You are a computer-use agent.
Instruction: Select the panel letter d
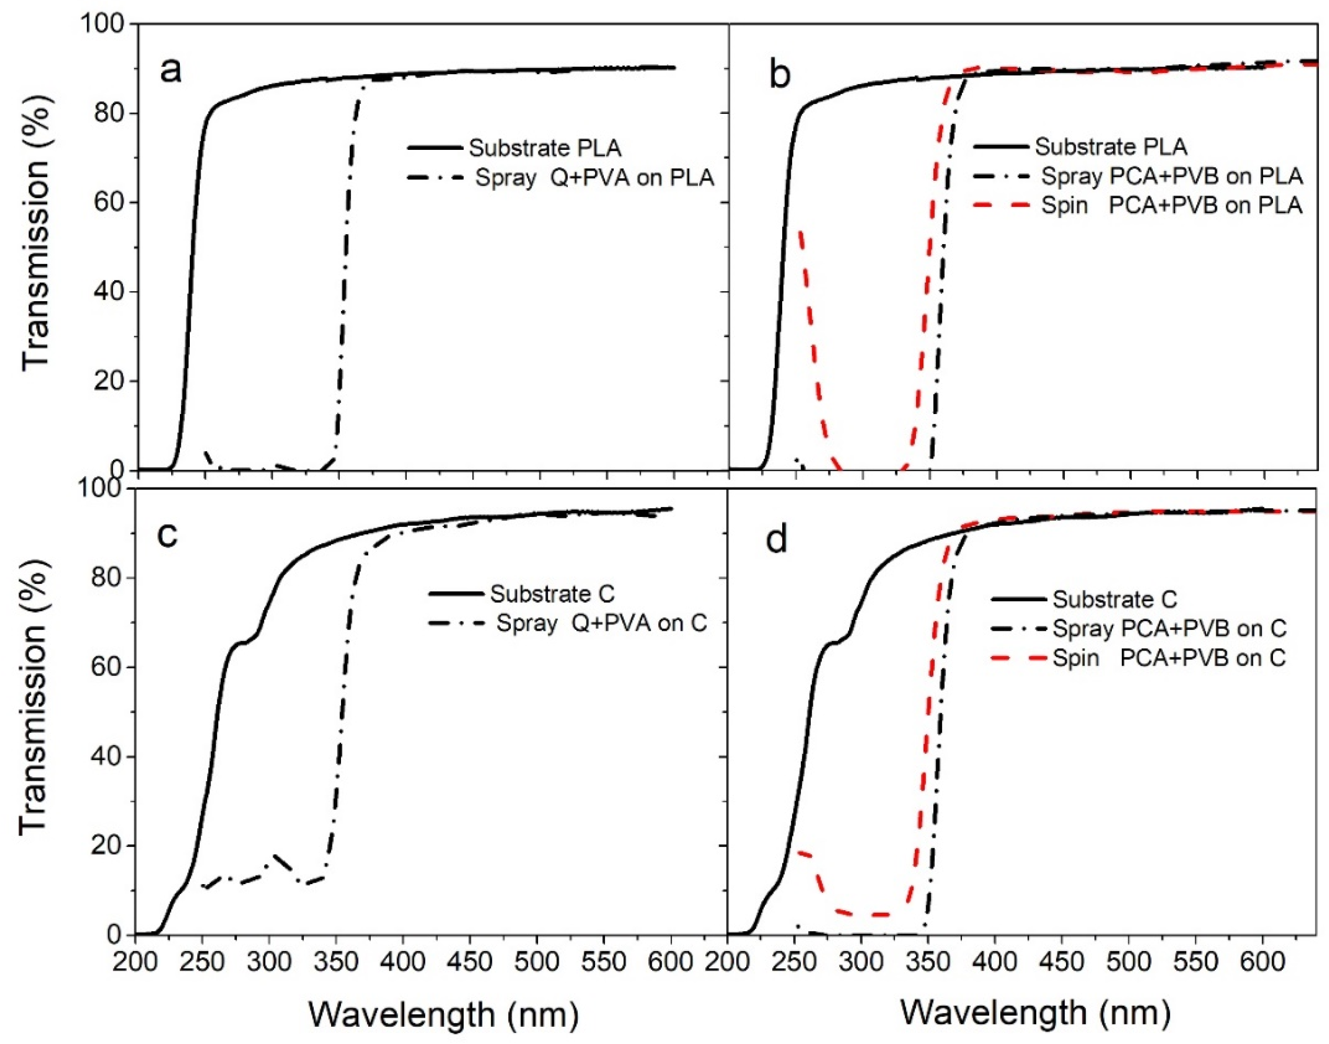click(777, 540)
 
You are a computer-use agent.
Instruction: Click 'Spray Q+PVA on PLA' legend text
click(594, 178)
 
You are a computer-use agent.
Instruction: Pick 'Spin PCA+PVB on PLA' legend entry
click(1172, 205)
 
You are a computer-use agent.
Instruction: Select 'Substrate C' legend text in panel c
click(552, 594)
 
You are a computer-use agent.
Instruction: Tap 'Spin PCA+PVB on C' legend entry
click(1169, 658)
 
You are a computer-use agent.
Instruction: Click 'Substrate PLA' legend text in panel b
click(1111, 147)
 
